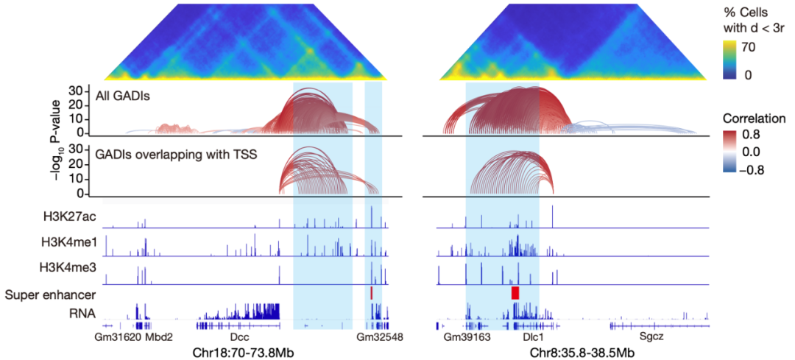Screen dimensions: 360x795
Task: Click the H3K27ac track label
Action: [x=73, y=216]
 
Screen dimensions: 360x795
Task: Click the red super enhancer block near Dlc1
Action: [x=515, y=293]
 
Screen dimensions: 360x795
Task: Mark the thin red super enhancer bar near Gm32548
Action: [x=372, y=293]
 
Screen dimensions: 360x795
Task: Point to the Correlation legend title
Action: [x=754, y=119]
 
